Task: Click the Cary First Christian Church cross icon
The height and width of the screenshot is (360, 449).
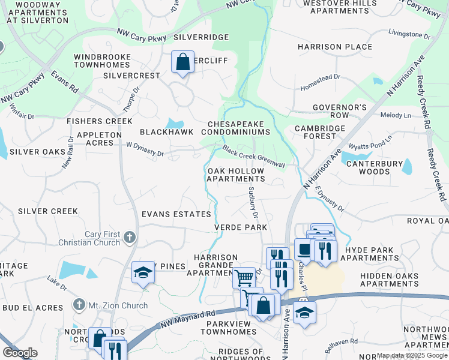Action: pyautogui.click(x=129, y=238)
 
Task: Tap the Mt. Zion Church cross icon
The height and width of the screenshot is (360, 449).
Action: pyautogui.click(x=79, y=305)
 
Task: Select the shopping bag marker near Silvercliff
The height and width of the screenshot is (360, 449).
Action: pyautogui.click(x=182, y=62)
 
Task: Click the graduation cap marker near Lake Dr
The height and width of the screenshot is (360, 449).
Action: pyautogui.click(x=143, y=272)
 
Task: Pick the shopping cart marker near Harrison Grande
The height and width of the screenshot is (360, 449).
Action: pyautogui.click(x=244, y=278)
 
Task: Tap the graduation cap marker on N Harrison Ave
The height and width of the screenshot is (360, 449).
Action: pyautogui.click(x=304, y=312)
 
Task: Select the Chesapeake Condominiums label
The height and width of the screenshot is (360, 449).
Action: pyautogui.click(x=239, y=127)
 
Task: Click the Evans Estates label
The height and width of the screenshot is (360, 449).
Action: pyautogui.click(x=176, y=214)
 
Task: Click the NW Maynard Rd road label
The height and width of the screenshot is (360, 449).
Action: pyautogui.click(x=187, y=319)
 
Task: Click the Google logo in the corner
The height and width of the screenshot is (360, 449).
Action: pyautogui.click(x=20, y=353)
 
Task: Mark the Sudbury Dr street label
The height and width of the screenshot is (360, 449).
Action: pyautogui.click(x=253, y=202)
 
